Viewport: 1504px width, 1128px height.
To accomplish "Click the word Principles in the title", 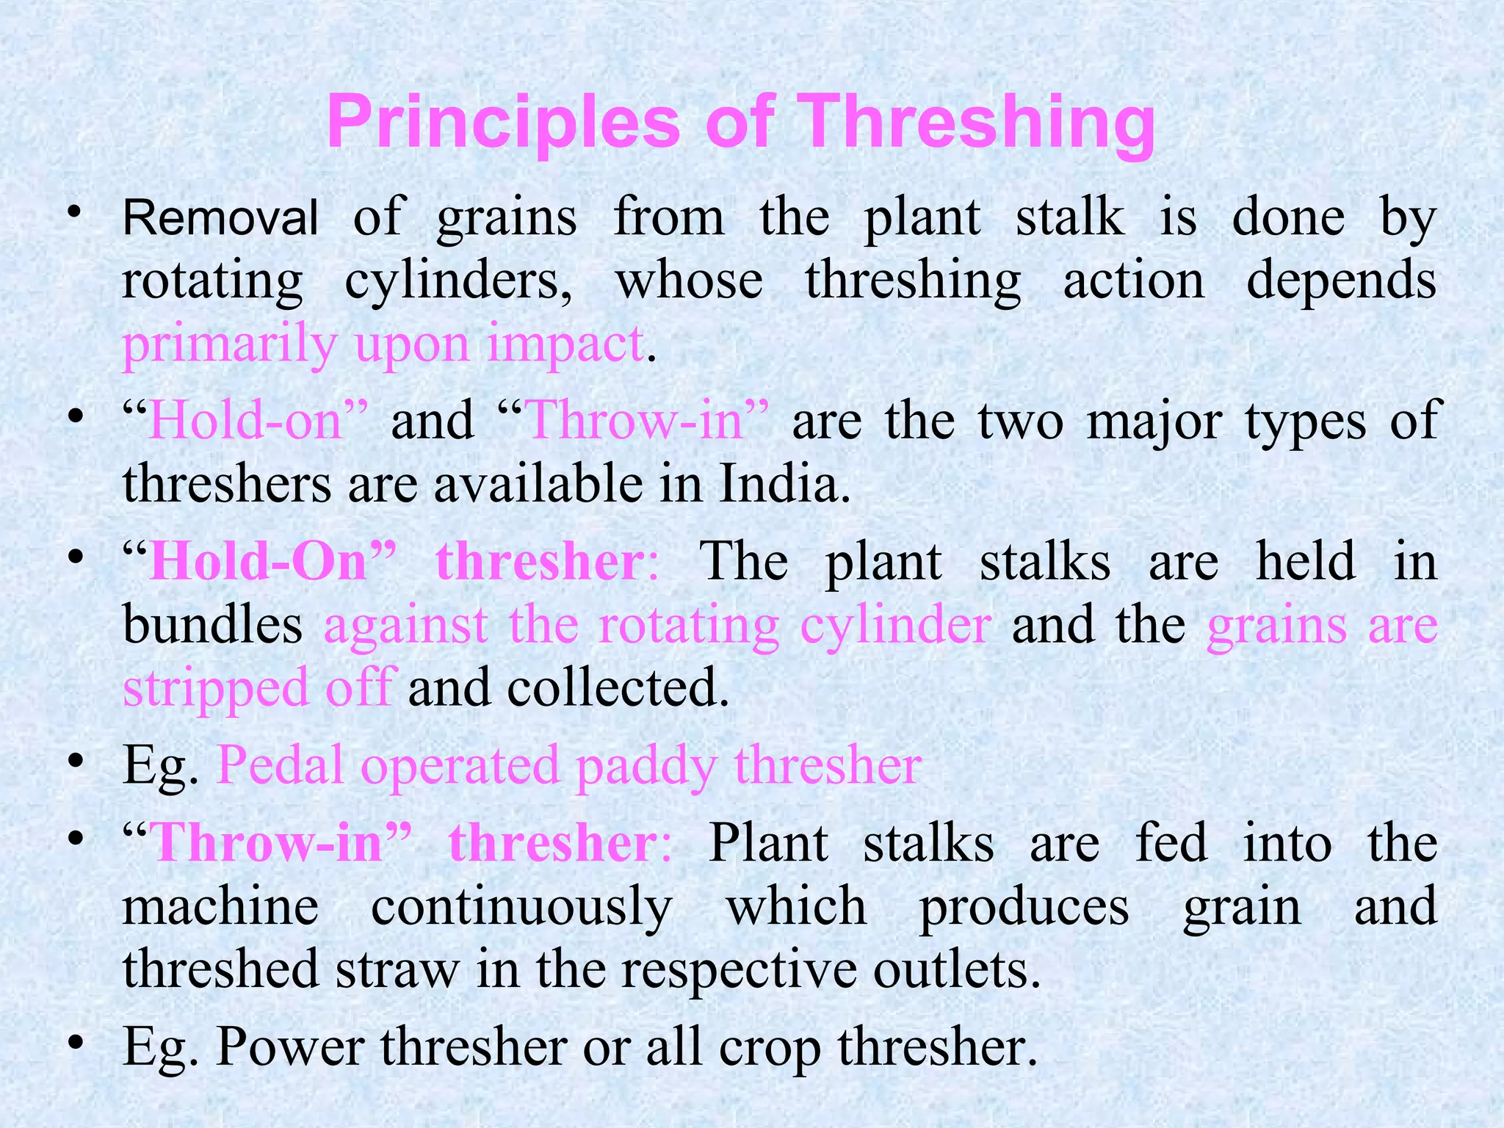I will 504,123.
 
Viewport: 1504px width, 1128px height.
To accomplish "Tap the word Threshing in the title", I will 976,123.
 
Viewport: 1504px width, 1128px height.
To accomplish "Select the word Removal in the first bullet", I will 220,217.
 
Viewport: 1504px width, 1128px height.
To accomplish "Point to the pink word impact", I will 565,344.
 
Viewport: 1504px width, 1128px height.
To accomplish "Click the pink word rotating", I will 688,625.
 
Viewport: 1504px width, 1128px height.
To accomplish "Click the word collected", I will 617,687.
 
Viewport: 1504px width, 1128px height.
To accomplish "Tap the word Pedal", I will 280,765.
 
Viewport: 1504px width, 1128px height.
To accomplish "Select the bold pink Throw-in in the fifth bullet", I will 268,842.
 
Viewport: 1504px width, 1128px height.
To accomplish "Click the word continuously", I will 521,906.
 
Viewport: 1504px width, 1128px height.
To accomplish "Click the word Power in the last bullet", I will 290,1046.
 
